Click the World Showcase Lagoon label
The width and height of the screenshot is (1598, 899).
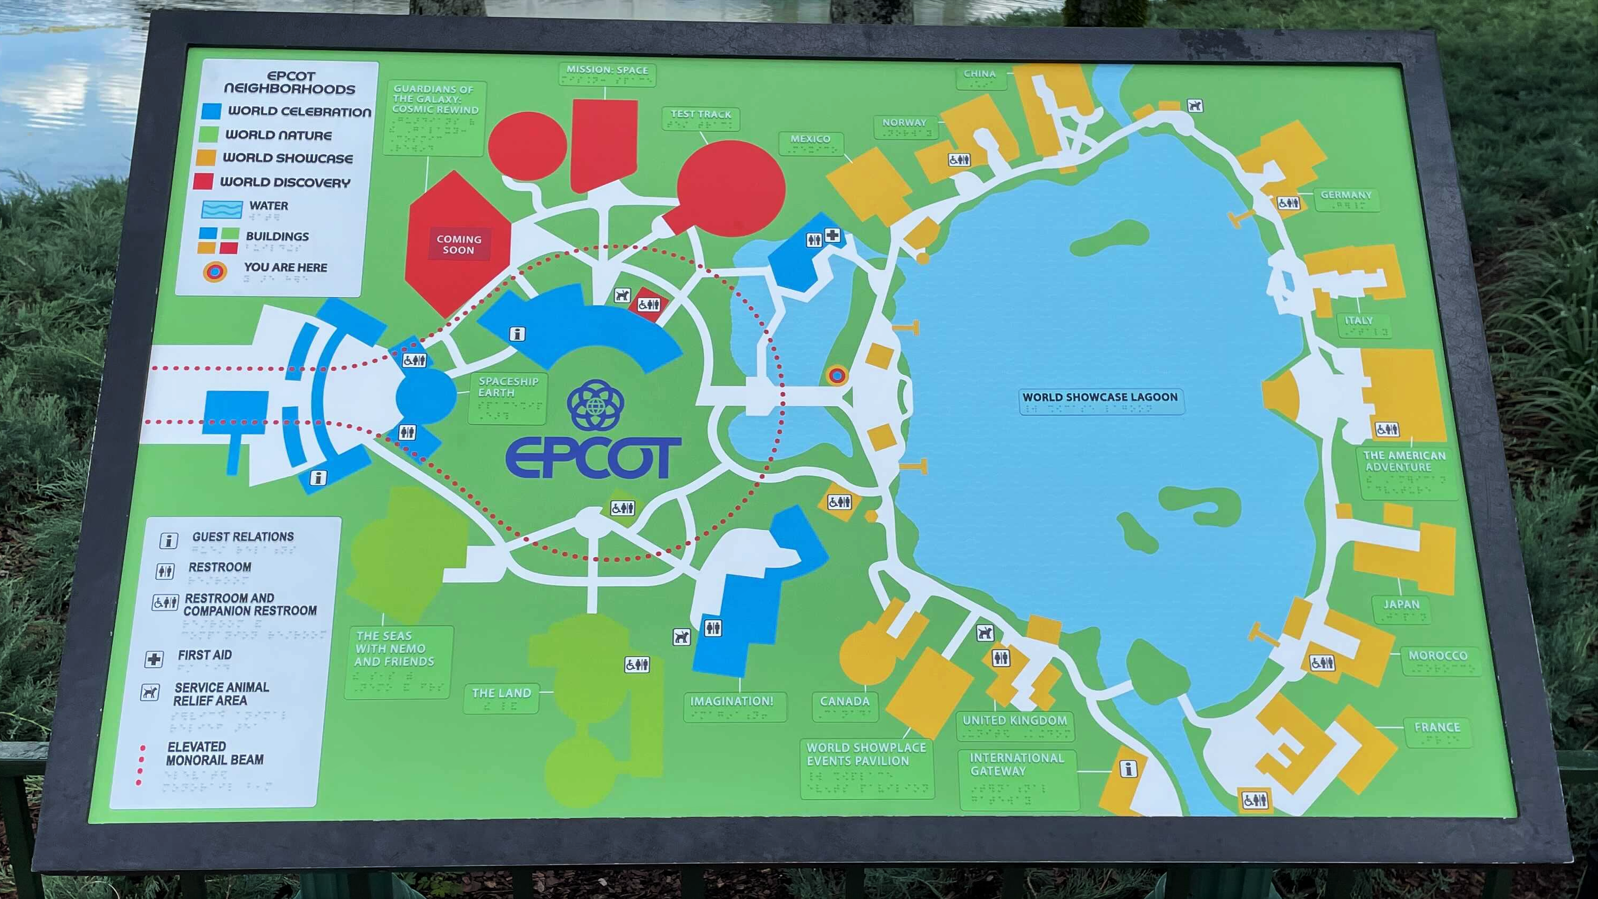tap(1100, 397)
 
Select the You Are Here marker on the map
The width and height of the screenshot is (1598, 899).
tap(837, 375)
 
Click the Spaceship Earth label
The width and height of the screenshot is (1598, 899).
tap(508, 387)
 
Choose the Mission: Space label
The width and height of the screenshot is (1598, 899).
tap(607, 70)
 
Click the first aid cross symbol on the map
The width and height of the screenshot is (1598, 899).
tap(832, 236)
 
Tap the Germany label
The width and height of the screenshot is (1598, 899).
tap(1345, 195)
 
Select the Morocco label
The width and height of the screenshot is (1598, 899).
tap(1437, 656)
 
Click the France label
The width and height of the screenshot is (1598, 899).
tap(1437, 727)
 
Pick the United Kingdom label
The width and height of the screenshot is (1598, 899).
tap(1014, 720)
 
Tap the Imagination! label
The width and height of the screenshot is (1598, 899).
tap(731, 701)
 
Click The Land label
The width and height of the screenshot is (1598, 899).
tap(501, 693)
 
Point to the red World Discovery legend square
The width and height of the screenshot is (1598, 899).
tap(204, 181)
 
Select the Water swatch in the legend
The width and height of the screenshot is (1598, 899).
tap(222, 209)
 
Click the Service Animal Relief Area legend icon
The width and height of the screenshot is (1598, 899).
tap(149, 692)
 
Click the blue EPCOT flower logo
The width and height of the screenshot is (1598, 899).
tap(595, 406)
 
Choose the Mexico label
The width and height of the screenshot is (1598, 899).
tap(810, 139)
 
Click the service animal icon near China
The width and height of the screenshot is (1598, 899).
tap(1195, 105)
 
